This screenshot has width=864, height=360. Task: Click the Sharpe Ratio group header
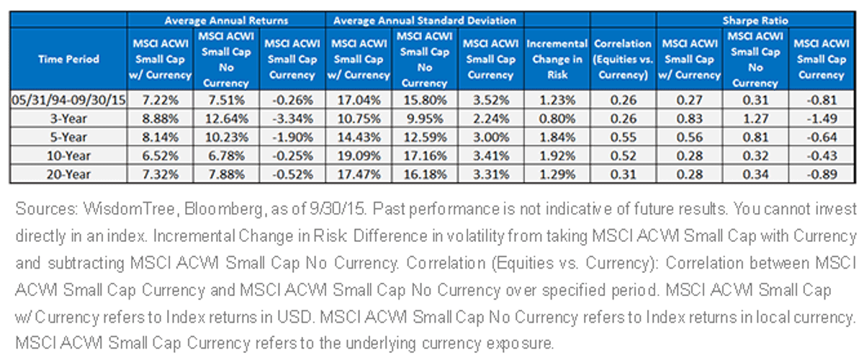tap(755, 20)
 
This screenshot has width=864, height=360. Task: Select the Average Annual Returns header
tap(226, 20)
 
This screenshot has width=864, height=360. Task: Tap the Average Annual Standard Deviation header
tap(425, 20)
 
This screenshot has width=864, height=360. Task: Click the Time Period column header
tap(68, 59)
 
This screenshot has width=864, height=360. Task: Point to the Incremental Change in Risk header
tap(557, 59)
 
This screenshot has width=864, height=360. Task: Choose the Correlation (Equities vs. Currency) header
tap(624, 59)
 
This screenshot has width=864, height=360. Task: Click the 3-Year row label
tap(68, 119)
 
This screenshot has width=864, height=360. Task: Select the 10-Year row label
tap(68, 156)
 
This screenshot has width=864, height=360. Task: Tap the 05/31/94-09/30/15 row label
tap(68, 100)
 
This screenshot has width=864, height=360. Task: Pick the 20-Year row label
tap(68, 174)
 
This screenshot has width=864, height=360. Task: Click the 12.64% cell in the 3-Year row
tap(226, 119)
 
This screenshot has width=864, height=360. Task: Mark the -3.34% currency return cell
tap(292, 119)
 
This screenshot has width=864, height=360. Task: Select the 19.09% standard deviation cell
tap(359, 156)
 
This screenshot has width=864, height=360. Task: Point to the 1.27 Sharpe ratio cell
tap(755, 119)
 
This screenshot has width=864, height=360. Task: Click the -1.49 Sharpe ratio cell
tap(822, 119)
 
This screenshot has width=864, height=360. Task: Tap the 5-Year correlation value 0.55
tap(624, 137)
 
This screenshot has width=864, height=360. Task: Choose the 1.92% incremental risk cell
tap(557, 156)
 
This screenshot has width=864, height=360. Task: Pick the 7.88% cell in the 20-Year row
tap(226, 174)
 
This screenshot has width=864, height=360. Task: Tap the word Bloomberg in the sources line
tap(224, 210)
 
